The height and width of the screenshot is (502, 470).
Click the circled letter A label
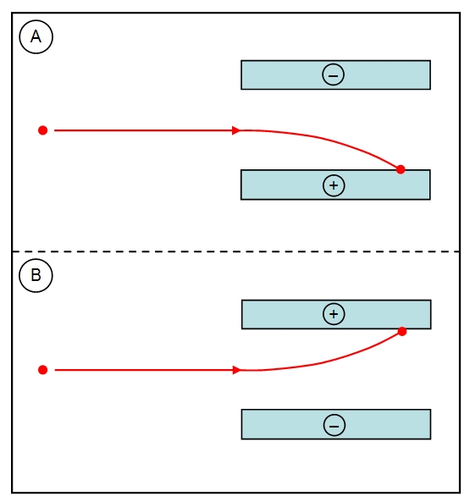(x=36, y=36)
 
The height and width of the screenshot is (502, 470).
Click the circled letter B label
(x=36, y=275)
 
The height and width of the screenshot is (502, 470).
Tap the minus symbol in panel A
(x=333, y=74)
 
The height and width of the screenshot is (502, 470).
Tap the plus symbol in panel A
(x=334, y=185)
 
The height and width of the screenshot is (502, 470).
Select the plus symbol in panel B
(x=334, y=314)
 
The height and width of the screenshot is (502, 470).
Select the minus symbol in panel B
(x=335, y=426)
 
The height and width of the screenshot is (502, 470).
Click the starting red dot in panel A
(x=42, y=130)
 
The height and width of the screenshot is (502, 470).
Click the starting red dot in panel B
(x=42, y=370)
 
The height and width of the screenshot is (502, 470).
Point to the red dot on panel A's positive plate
(x=401, y=169)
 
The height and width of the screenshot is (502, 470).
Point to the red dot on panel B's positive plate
(x=402, y=331)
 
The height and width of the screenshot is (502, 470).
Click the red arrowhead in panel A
(x=236, y=130)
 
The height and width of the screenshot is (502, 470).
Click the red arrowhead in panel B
(x=236, y=370)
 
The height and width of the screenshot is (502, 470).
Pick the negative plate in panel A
(x=335, y=74)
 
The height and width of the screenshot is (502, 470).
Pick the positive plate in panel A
(x=335, y=185)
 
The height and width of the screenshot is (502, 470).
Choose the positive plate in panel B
(x=336, y=314)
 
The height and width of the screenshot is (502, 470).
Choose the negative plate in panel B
(x=336, y=424)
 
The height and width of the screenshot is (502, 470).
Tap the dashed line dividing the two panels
(x=236, y=251)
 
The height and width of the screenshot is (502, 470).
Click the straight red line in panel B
(x=144, y=370)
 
